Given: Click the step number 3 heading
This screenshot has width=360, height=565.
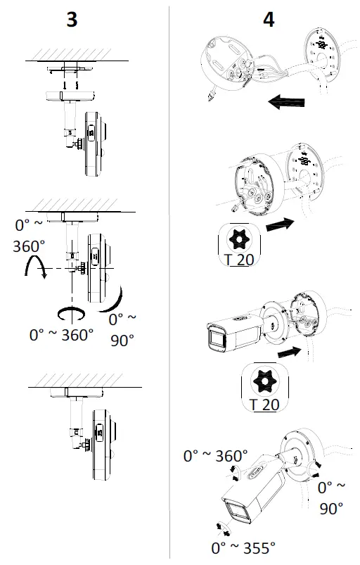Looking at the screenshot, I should [72, 19].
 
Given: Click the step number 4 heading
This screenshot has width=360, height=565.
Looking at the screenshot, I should [268, 19].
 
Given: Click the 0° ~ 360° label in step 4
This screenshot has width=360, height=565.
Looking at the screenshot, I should [216, 456].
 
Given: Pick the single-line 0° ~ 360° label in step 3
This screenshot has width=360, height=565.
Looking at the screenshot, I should [62, 335].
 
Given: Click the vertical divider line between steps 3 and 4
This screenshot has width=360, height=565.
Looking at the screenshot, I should [168, 281].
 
